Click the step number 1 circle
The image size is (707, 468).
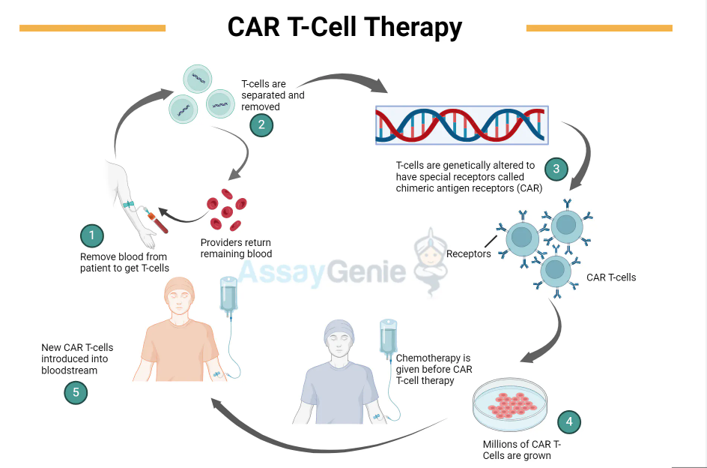click(x=91, y=236)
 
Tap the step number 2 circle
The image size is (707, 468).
click(x=261, y=124)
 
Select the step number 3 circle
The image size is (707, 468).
click(x=556, y=169)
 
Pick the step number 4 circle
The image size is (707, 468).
click(x=569, y=421)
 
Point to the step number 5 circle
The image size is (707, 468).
click(x=76, y=391)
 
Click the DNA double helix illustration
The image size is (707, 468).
click(x=462, y=124)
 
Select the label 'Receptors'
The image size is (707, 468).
click(x=469, y=253)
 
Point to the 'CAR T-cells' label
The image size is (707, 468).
click(x=611, y=277)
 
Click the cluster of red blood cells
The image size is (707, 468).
click(x=227, y=211)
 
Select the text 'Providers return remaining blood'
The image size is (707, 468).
click(x=236, y=248)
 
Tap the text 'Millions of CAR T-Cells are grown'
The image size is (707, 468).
click(x=522, y=450)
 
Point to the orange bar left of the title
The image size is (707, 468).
click(x=92, y=28)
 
